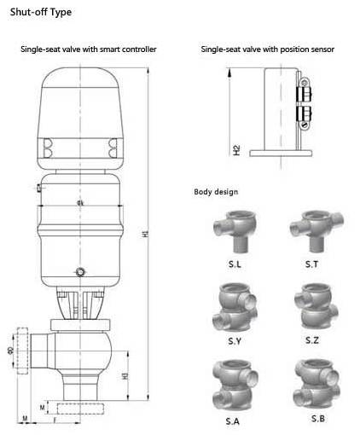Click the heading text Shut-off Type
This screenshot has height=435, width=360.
tap(37, 12)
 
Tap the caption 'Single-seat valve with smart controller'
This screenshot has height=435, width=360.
tap(89, 50)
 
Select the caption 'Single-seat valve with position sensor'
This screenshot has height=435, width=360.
tap(267, 50)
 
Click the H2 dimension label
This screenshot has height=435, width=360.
tap(236, 151)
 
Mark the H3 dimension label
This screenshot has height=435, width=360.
tap(125, 375)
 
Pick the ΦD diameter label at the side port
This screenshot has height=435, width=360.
tap(10, 350)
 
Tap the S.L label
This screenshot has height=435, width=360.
tap(232, 265)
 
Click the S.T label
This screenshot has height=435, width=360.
tap(311, 265)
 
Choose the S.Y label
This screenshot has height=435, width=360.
tap(232, 341)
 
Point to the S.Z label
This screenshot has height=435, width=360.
tap(311, 341)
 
